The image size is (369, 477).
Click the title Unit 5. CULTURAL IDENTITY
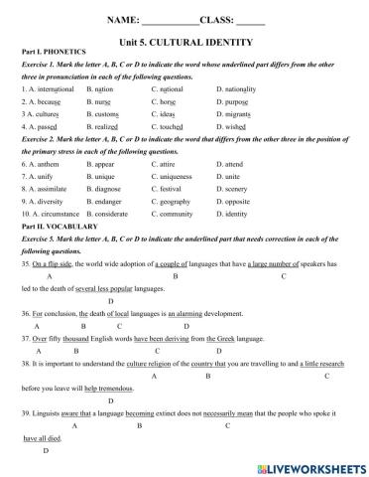tap(184, 43)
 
